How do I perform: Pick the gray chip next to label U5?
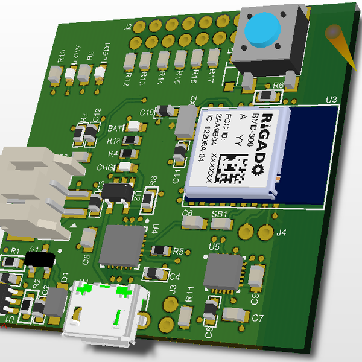[223, 271]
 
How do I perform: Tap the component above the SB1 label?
[221, 223]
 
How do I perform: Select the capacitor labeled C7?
[234, 314]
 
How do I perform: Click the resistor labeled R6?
[265, 96]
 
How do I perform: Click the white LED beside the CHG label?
[126, 167]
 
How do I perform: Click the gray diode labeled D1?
[56, 300]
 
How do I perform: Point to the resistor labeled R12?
[129, 61]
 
